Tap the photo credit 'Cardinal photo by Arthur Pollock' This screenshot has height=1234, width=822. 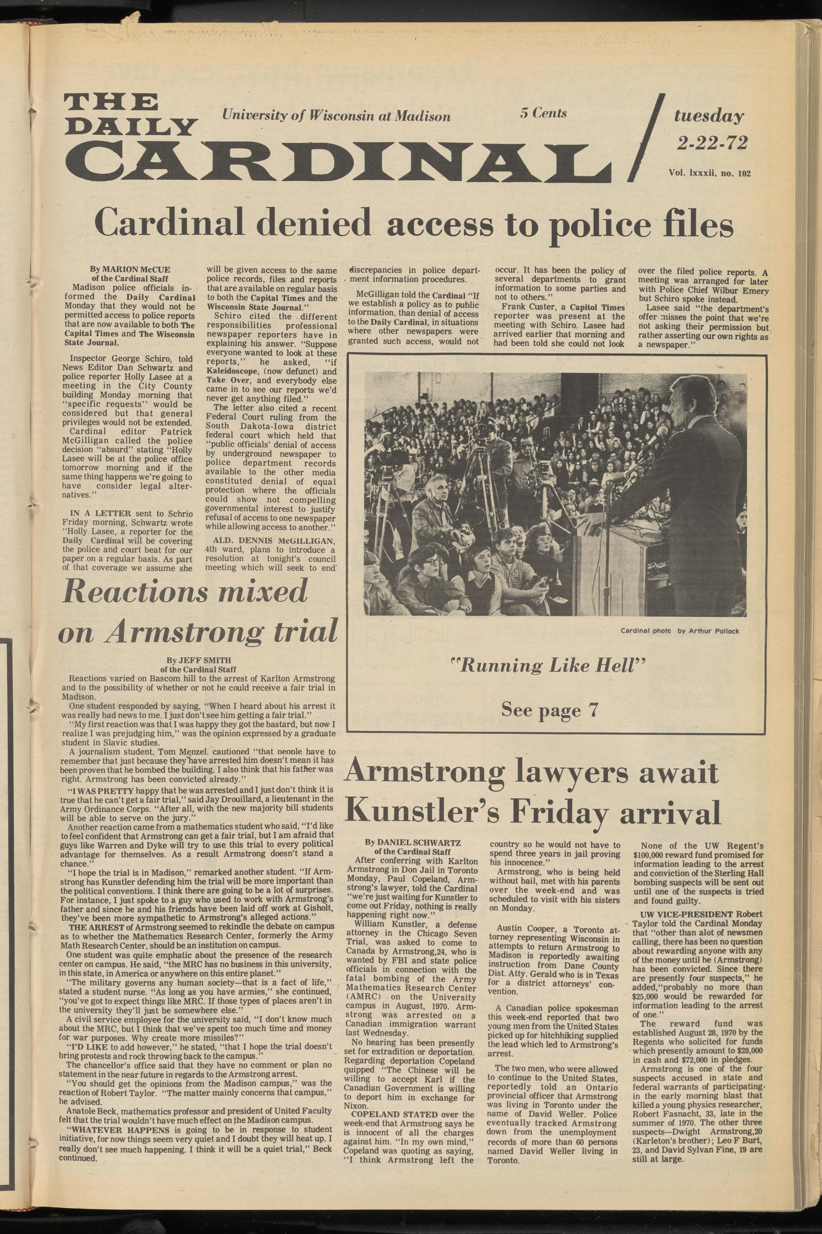point(680,631)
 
